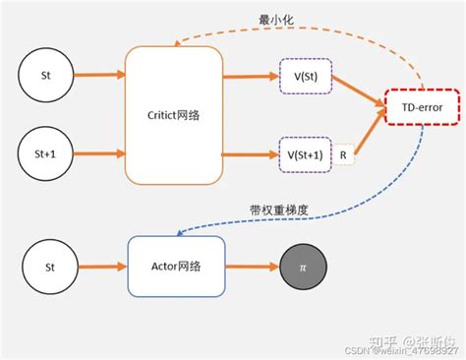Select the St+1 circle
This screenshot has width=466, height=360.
(x=45, y=154)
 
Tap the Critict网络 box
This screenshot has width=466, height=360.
(x=174, y=115)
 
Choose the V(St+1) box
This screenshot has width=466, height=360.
(x=304, y=154)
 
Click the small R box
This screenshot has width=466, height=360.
(x=343, y=154)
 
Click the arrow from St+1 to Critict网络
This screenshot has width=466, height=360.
(x=97, y=154)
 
